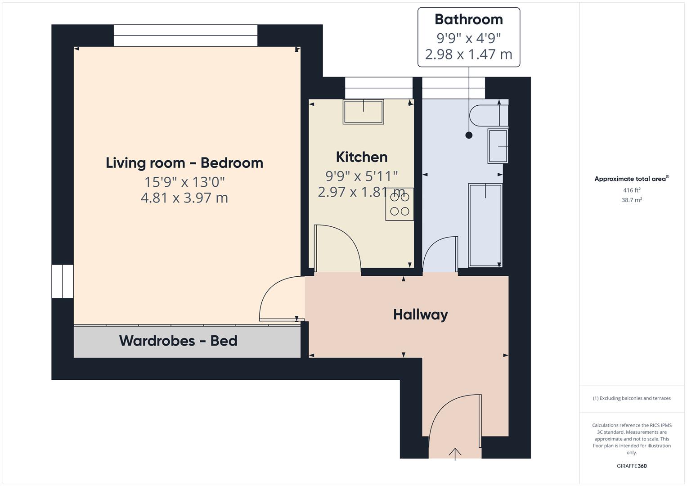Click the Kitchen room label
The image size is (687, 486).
coord(362,157)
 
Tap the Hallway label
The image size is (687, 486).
coord(420,315)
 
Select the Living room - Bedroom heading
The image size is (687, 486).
coord(184,163)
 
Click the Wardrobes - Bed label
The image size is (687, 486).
coord(178,341)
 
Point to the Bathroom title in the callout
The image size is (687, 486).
coord(468,19)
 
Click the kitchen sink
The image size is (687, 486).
coord(364,111)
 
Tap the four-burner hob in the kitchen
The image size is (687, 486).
coord(400,204)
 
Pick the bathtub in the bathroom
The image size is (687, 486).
coord(485,225)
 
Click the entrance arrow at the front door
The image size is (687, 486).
coord(455,454)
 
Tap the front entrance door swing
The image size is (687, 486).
coord(452,418)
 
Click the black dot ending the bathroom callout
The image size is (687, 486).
coord(469,135)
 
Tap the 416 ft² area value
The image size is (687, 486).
coord(632,190)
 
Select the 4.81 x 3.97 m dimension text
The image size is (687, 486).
coord(184,198)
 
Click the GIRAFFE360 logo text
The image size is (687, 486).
coord(632,466)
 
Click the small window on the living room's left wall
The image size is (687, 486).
coord(62,281)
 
